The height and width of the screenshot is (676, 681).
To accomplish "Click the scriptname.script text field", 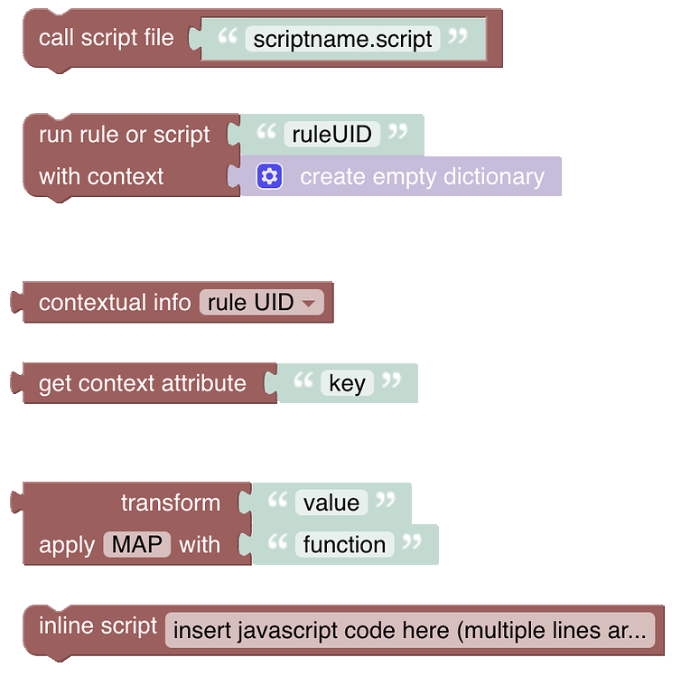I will [x=342, y=39].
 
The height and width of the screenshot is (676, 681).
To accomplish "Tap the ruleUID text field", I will [x=331, y=135].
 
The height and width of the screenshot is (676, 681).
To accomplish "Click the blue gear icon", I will [x=269, y=176].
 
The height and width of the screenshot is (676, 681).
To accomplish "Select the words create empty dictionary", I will [x=422, y=176].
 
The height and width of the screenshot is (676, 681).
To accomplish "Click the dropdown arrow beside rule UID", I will [x=309, y=304].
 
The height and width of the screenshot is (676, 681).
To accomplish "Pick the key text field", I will [x=347, y=384].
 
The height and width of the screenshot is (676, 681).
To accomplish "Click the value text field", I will [x=331, y=502].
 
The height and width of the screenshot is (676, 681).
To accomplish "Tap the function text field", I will [x=344, y=545].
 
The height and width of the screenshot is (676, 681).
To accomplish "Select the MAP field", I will [x=137, y=545].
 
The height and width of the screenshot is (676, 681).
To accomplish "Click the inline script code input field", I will [x=410, y=630].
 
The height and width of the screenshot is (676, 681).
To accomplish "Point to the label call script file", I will [x=107, y=38].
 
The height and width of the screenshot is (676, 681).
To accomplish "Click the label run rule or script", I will [x=124, y=135].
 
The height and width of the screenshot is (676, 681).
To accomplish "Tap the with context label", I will [x=101, y=176].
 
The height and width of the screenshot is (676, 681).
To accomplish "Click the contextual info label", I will [x=115, y=303].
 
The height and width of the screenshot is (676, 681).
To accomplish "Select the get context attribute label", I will [x=142, y=384].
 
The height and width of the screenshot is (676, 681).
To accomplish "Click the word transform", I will [x=170, y=502].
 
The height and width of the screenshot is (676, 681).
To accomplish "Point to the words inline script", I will [x=98, y=625].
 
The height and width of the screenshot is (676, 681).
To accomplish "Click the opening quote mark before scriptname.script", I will [x=229, y=36].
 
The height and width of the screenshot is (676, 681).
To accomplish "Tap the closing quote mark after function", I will [x=412, y=542].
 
